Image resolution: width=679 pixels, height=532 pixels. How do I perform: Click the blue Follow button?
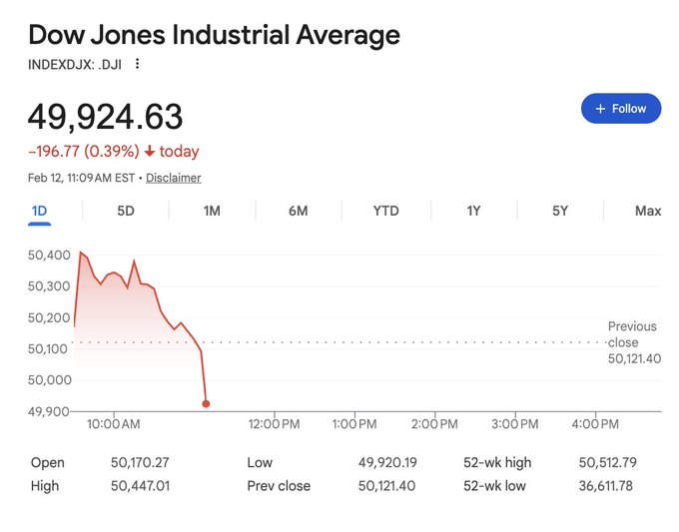click(x=620, y=109)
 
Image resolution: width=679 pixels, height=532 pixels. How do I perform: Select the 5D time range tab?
click(x=126, y=211)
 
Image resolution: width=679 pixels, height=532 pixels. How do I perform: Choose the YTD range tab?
click(x=385, y=211)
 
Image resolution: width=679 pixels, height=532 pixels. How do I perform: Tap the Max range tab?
click(x=647, y=211)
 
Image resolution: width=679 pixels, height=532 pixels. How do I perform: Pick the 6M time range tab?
click(x=298, y=211)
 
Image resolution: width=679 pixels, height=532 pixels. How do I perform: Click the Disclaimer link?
click(x=174, y=178)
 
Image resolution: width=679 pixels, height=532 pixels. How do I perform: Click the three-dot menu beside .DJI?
click(x=138, y=64)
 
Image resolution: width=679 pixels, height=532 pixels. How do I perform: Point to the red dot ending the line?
click(x=206, y=404)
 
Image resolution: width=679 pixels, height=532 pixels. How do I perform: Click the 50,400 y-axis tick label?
click(x=49, y=256)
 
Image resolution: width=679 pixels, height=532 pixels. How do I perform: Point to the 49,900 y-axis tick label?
click(x=49, y=410)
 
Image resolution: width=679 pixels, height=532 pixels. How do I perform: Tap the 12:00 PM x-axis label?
click(x=274, y=424)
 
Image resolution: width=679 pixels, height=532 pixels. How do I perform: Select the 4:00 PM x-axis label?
click(x=595, y=424)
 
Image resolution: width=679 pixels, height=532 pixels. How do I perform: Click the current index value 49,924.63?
click(x=105, y=117)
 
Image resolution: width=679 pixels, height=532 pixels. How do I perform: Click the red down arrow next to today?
click(x=150, y=152)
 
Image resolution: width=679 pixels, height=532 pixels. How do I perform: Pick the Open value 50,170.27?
click(x=142, y=463)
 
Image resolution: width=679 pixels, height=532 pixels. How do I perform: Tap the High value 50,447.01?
click(x=142, y=486)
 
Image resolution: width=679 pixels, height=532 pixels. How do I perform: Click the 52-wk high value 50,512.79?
click(x=607, y=463)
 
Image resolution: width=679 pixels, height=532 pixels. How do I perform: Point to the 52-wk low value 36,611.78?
click(x=607, y=486)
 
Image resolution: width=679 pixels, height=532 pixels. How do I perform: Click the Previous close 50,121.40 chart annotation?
click(x=633, y=342)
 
